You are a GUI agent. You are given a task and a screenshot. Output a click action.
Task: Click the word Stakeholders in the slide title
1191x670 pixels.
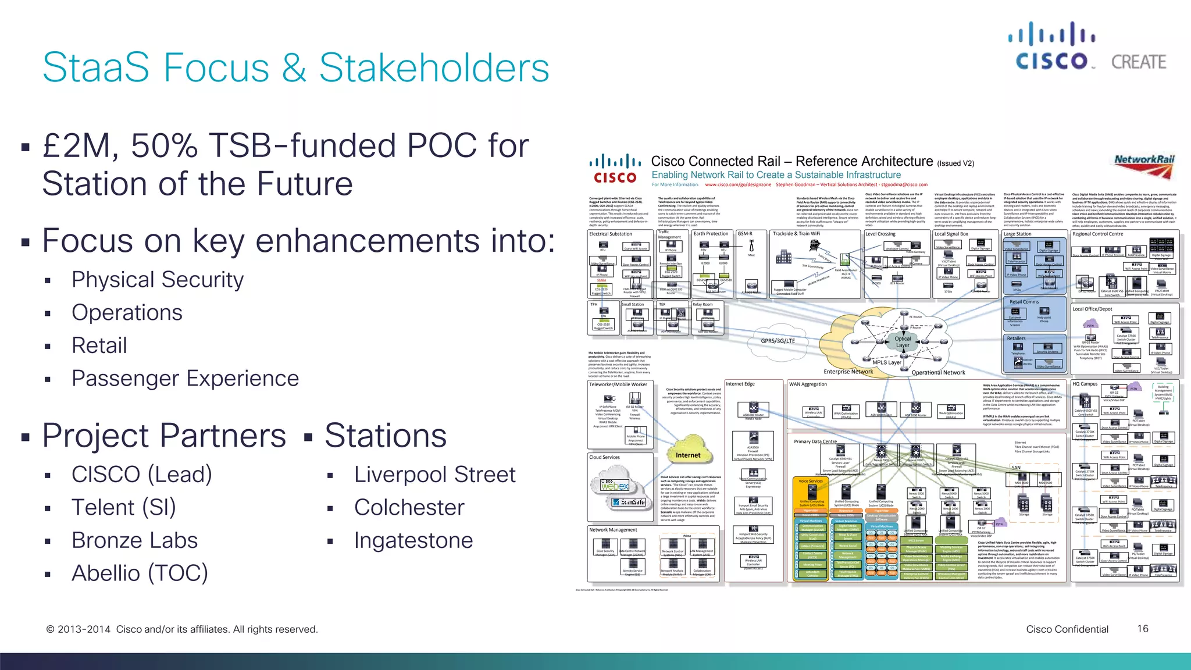(434, 67)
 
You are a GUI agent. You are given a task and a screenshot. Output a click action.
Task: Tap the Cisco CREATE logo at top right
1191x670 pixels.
(1086, 47)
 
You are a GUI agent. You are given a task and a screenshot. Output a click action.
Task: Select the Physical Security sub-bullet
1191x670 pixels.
(157, 280)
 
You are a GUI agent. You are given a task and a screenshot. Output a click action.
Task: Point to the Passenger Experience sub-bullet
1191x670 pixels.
(185, 379)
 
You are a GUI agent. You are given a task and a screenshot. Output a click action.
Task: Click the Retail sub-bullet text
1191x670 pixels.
(99, 345)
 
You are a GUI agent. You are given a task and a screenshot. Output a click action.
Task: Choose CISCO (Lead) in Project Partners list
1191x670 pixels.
(141, 475)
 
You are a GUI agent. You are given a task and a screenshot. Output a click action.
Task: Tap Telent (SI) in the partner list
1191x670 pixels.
(123, 508)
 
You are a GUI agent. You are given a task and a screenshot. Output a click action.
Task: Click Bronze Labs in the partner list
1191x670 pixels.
(134, 540)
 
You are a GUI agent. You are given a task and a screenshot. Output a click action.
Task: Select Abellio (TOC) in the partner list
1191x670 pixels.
(140, 573)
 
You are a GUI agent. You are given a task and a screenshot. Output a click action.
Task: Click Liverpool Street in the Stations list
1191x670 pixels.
(434, 475)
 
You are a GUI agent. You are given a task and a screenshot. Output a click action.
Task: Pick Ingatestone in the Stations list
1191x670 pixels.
(413, 540)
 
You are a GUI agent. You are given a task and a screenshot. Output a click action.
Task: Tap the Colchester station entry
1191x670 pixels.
(409, 508)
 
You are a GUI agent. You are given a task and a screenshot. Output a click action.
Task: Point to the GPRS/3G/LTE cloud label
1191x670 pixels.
(778, 341)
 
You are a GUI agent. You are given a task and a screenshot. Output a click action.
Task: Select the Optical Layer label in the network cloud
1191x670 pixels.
(903, 342)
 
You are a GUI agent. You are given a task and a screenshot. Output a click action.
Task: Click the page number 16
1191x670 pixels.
(1142, 629)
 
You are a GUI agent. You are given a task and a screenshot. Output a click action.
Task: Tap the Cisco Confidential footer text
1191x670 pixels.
(1067, 629)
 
